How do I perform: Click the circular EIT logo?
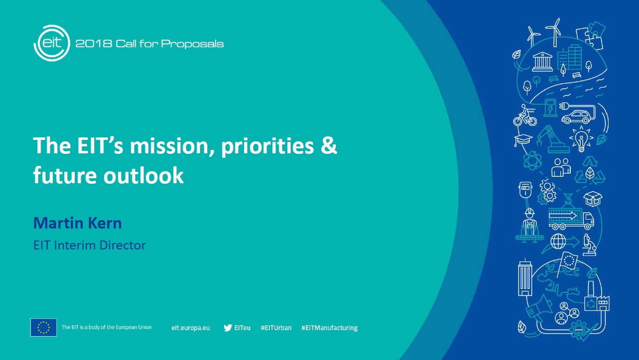coord(52,43)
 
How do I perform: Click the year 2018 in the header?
coord(94,44)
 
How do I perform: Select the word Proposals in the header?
coord(192,44)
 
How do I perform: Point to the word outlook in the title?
coord(143,175)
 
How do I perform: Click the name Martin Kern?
coord(77,223)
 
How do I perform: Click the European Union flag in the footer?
coord(43,327)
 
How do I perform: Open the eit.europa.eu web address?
coord(191,328)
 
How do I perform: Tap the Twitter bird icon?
coord(228,328)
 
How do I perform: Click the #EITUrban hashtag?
coord(276,328)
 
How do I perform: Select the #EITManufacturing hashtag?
coord(330,328)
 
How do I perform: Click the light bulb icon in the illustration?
coord(581,139)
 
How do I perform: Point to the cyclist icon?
coord(525,115)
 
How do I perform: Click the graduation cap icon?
coord(523,140)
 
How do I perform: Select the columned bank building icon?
coord(542,61)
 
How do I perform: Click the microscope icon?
coord(589,245)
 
